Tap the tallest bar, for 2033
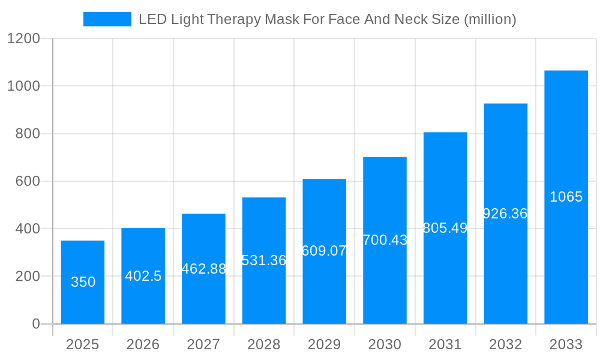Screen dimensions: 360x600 click(x=566, y=150)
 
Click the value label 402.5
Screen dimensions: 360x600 click(x=143, y=276)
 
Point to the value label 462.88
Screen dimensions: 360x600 click(x=204, y=269)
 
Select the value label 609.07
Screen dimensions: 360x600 click(x=324, y=251)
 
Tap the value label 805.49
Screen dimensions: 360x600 click(x=445, y=228)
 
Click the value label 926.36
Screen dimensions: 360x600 click(x=505, y=214)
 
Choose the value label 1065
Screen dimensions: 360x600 click(x=566, y=197)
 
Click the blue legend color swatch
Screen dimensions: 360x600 click(x=107, y=19)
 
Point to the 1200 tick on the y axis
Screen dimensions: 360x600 click(x=23, y=38)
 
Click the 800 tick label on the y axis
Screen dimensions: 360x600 click(x=28, y=134)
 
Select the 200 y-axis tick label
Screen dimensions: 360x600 click(x=28, y=277)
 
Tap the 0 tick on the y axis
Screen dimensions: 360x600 click(x=36, y=324)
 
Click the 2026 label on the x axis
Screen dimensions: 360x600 click(x=143, y=344)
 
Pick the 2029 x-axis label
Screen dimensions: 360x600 click(x=324, y=344)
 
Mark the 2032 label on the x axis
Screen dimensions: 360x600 click(x=505, y=344)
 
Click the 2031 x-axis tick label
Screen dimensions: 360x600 click(x=445, y=344)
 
